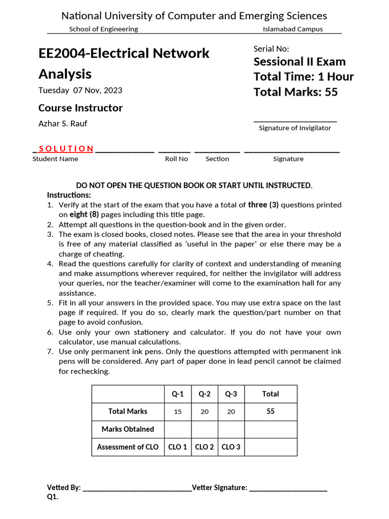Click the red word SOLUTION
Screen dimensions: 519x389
[x=66, y=149]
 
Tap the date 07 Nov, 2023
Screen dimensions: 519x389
[x=98, y=91]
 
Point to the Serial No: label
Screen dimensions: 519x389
[x=271, y=49]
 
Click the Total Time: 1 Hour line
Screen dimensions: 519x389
[x=303, y=77]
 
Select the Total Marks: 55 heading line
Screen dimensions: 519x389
[x=295, y=92]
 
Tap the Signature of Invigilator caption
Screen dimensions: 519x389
[x=295, y=128]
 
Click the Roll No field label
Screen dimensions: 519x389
[x=176, y=159]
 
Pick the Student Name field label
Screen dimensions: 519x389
[x=55, y=159]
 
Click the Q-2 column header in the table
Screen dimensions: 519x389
[x=205, y=394]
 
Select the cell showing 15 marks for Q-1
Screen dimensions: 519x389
[x=178, y=412]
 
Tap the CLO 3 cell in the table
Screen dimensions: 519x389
[x=231, y=447]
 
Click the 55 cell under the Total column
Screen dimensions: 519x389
[x=270, y=412]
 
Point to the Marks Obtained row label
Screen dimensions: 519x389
[x=128, y=429]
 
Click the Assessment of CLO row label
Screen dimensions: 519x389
[x=128, y=447]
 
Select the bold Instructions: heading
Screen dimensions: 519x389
[x=69, y=195]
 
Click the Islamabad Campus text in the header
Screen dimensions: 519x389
[x=293, y=29]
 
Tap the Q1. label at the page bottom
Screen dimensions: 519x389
[x=53, y=497]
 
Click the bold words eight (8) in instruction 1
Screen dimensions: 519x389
[x=84, y=214]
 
